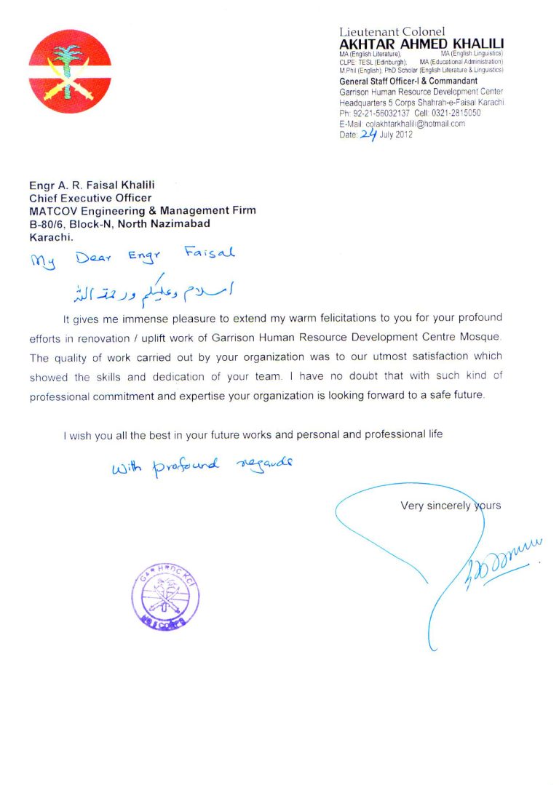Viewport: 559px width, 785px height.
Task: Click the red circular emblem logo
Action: click(70, 71)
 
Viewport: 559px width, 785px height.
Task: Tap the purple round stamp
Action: click(165, 597)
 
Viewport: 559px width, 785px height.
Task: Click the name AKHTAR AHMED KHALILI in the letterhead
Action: click(421, 44)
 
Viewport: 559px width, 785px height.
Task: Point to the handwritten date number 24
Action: click(368, 133)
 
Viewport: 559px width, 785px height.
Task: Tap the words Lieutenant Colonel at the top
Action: click(392, 31)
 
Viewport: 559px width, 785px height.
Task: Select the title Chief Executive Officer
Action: click(90, 197)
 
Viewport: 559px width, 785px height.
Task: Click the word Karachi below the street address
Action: click(51, 236)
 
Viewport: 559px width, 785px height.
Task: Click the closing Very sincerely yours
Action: click(450, 506)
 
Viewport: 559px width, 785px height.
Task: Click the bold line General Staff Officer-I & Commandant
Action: click(408, 81)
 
